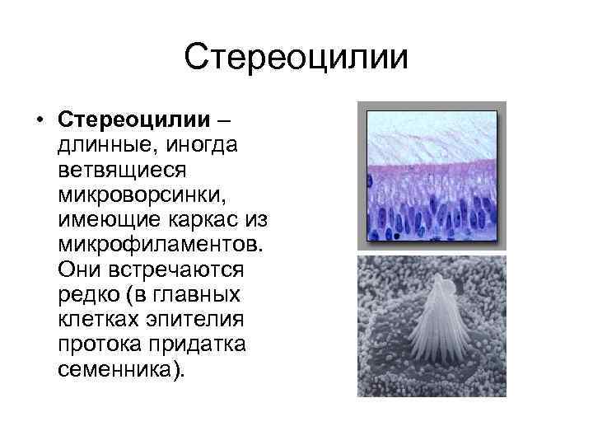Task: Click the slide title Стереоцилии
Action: click(296, 58)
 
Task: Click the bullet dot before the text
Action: click(40, 122)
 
